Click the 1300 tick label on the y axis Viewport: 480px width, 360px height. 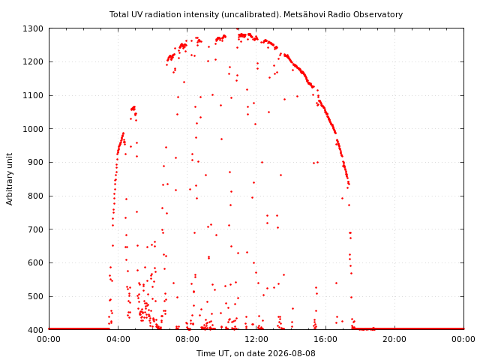pyautogui.click(x=33, y=28)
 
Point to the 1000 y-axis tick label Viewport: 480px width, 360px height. pyautogui.click(x=33, y=129)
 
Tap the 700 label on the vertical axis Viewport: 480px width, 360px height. pyautogui.click(x=36, y=229)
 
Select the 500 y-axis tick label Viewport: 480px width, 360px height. pyautogui.click(x=36, y=296)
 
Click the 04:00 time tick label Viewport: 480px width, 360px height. pyautogui.click(x=118, y=339)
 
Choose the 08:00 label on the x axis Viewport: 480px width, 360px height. pyautogui.click(x=187, y=339)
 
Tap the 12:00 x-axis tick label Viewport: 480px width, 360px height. pyautogui.click(x=256, y=339)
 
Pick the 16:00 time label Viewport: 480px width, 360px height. pyautogui.click(x=325, y=339)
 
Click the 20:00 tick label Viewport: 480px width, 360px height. pyautogui.click(x=395, y=339)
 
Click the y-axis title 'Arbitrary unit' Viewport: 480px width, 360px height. pyautogui.click(x=10, y=179)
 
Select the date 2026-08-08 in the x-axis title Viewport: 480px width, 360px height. pyautogui.click(x=292, y=353)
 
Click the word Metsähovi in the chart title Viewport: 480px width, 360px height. pyautogui.click(x=301, y=14)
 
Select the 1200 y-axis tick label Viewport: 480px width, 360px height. pyautogui.click(x=33, y=61)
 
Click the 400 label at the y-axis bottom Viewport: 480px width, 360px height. pyautogui.click(x=36, y=330)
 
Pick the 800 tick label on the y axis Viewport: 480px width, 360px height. pyautogui.click(x=36, y=196)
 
